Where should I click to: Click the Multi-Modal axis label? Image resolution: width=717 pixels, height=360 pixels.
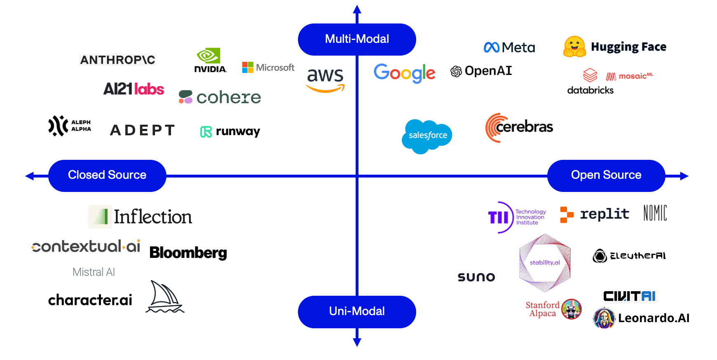(x=357, y=39)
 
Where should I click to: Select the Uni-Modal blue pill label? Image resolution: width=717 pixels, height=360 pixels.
(x=357, y=311)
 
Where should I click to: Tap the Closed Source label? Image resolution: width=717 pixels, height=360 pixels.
(x=107, y=175)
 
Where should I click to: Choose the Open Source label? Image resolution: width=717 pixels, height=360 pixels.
(x=606, y=175)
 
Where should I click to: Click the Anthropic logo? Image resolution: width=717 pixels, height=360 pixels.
(x=118, y=60)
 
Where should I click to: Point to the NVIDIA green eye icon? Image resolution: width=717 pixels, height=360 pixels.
(x=209, y=56)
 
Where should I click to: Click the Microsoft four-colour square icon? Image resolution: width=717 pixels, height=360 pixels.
(x=248, y=68)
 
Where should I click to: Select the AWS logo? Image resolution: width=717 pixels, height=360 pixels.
(x=325, y=79)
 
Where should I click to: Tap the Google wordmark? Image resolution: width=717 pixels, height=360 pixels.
(x=404, y=73)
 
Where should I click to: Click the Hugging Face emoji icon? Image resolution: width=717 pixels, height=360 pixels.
(x=574, y=47)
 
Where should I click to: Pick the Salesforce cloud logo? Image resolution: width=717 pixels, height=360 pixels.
(x=427, y=136)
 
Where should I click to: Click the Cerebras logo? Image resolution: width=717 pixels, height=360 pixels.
(x=519, y=127)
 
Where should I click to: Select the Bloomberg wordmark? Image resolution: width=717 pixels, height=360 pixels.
(x=188, y=252)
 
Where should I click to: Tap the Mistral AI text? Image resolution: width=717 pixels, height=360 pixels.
(x=94, y=272)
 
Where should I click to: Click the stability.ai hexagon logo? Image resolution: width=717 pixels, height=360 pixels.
(x=545, y=263)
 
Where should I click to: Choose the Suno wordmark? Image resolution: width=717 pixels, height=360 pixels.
(x=476, y=277)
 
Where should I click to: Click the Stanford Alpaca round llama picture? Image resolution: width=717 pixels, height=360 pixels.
(x=571, y=309)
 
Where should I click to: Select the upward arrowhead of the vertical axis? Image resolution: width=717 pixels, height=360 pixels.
(x=357, y=9)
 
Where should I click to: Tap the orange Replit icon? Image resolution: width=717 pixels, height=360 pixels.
(x=567, y=215)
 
